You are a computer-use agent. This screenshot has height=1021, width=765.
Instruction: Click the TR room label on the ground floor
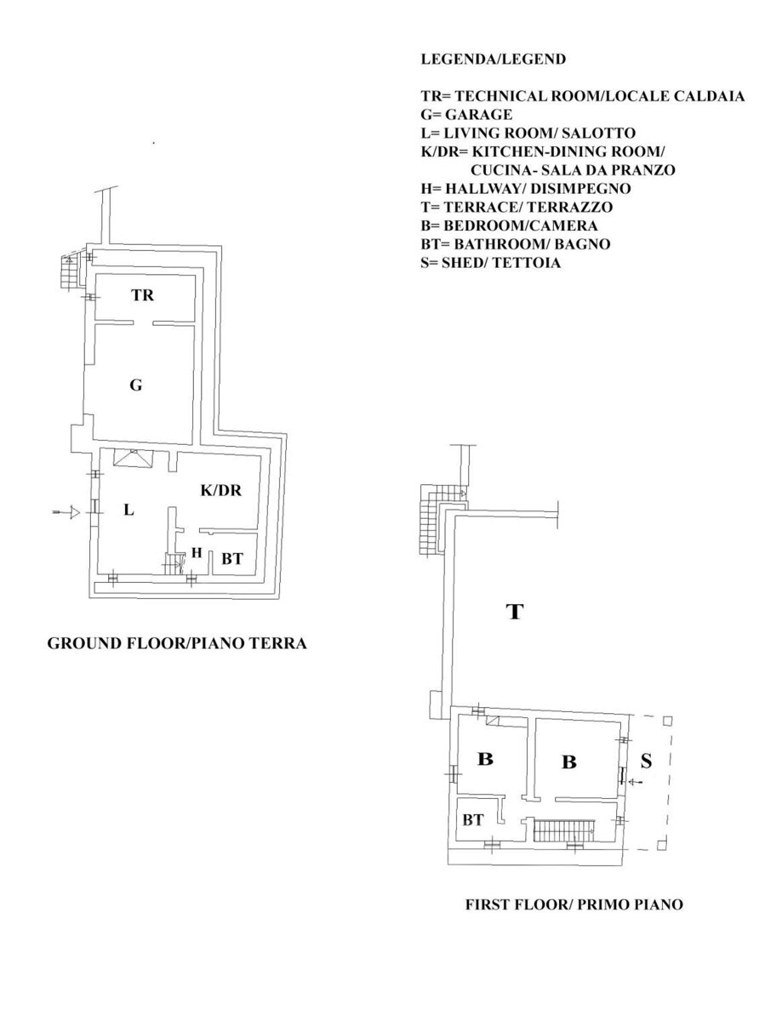point(142,295)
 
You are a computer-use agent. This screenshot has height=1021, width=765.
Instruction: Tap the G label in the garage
point(136,385)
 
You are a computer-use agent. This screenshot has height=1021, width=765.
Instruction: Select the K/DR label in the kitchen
point(221,490)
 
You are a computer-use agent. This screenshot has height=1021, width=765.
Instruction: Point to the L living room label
point(128,510)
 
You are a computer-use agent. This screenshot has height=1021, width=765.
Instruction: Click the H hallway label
point(197,552)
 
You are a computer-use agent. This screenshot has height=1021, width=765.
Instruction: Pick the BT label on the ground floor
point(232,559)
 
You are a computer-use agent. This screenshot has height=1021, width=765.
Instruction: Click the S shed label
point(646,761)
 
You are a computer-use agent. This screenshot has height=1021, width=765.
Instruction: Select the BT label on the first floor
point(473,819)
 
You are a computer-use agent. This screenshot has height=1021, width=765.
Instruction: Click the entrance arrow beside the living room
point(66,512)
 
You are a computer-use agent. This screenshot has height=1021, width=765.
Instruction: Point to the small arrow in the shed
point(636,783)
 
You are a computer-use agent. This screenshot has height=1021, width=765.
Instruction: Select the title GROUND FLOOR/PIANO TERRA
point(177,643)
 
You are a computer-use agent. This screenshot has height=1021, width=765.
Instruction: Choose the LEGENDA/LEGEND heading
point(494,59)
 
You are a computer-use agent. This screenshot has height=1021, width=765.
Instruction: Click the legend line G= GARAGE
point(467,114)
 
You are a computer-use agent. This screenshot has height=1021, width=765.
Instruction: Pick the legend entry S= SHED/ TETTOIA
point(491,263)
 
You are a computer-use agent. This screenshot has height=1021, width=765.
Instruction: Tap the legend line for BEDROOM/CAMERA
point(509,225)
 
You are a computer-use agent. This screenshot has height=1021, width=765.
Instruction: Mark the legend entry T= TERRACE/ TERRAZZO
point(517,207)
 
